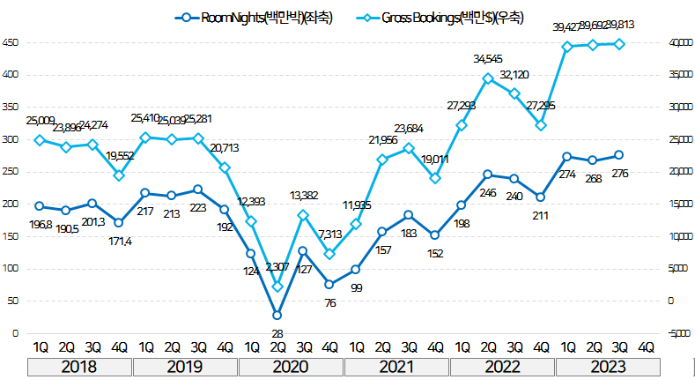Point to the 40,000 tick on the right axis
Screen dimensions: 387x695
[x=673, y=42]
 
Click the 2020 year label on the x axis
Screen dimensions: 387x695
[x=290, y=367]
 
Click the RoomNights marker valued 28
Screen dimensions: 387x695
[x=277, y=315]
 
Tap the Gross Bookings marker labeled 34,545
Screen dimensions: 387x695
[x=488, y=78]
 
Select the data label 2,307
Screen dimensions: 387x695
[x=277, y=266]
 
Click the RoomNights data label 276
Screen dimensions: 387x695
[x=619, y=174]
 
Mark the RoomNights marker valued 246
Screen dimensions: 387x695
[x=488, y=175]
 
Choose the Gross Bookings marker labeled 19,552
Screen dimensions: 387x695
[x=119, y=175]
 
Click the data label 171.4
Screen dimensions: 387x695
[x=119, y=241]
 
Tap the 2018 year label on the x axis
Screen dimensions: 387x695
[x=79, y=367]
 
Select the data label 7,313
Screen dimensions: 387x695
[x=329, y=234]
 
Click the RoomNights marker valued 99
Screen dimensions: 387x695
[x=356, y=269]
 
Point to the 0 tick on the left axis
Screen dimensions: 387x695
[x=14, y=333]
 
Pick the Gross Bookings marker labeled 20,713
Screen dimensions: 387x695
[x=225, y=167]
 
